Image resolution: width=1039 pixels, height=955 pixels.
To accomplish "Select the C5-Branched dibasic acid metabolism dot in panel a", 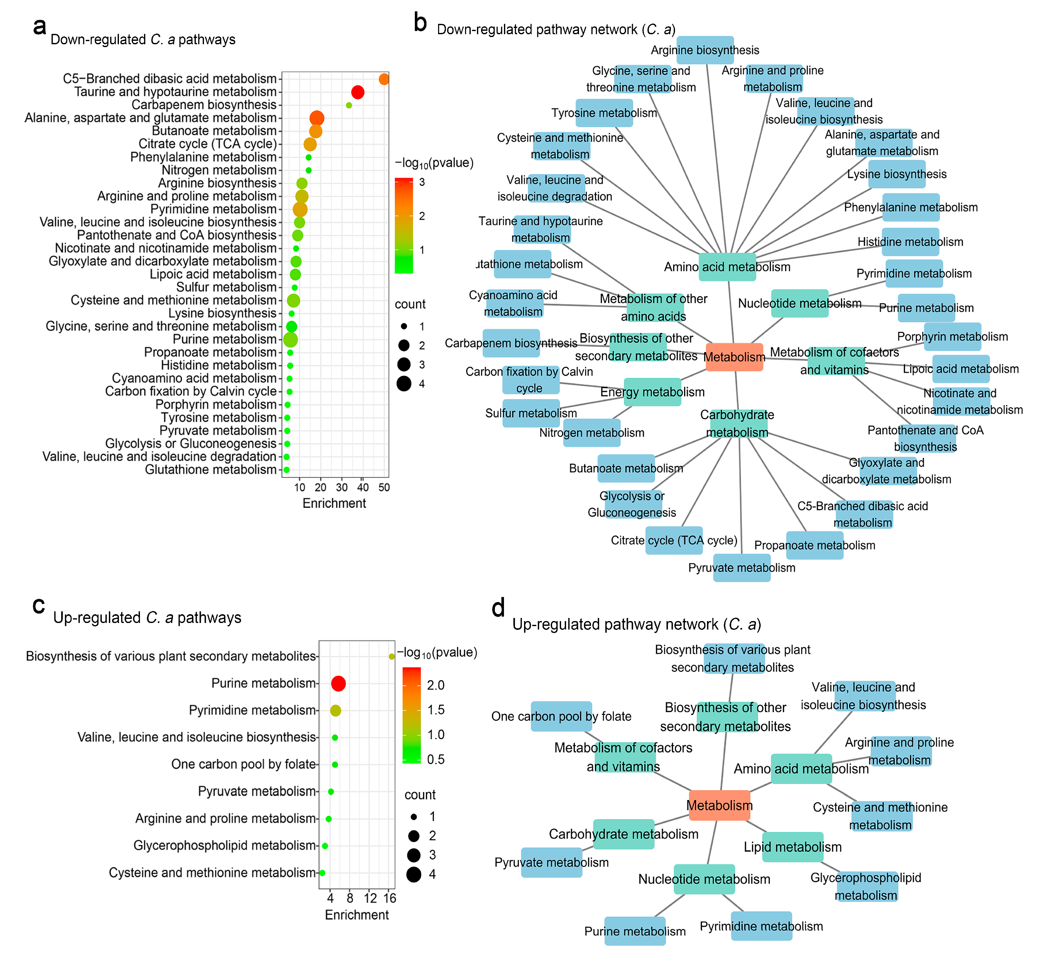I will pyautogui.click(x=384, y=79).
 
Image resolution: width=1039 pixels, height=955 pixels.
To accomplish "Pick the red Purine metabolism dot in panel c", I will pyautogui.click(x=338, y=684).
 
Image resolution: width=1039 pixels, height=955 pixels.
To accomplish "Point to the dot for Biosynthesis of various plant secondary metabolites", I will pyautogui.click(x=392, y=656).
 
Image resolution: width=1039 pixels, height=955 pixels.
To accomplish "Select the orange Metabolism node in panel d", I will pyautogui.click(x=720, y=805).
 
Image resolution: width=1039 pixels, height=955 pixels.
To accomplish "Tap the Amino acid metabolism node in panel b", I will pyautogui.click(x=727, y=267).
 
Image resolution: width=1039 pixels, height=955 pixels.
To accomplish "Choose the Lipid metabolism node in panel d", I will pyautogui.click(x=793, y=847).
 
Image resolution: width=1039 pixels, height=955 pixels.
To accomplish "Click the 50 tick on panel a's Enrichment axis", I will pyautogui.click(x=384, y=487).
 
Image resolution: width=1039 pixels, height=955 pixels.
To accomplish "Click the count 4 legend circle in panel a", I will pyautogui.click(x=404, y=384).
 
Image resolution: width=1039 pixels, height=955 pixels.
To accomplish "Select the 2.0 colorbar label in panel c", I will pyautogui.click(x=436, y=685).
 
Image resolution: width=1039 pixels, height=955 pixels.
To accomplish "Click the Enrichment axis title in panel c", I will pyautogui.click(x=356, y=915).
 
